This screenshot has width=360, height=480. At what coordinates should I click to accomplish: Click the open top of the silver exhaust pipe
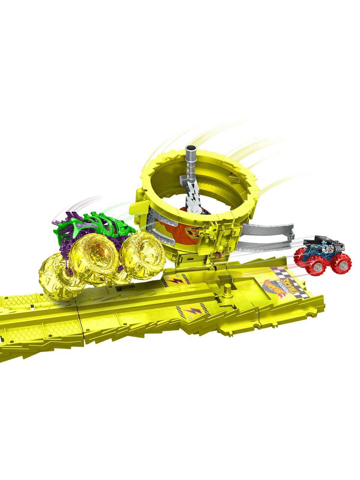(190, 148)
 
